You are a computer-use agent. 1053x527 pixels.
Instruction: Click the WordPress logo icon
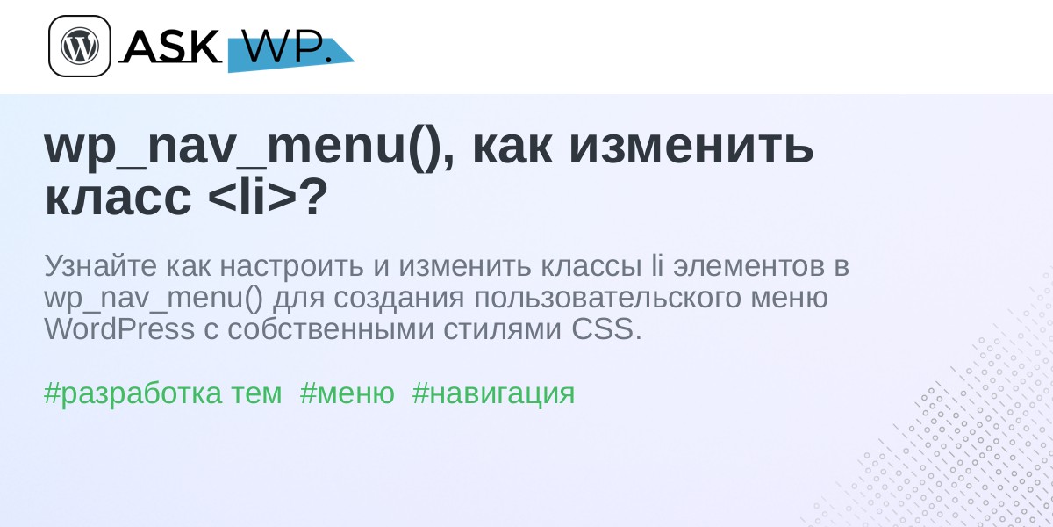point(80,46)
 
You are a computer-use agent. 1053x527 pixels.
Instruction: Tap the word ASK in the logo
point(171,46)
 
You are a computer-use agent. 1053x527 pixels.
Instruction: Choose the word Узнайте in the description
point(100,266)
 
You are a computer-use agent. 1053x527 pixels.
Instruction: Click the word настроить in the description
point(292,267)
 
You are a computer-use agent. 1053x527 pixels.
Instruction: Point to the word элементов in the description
point(749,267)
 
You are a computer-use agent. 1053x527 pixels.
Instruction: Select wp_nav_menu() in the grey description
point(154,299)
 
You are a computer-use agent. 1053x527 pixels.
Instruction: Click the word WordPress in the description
point(119,328)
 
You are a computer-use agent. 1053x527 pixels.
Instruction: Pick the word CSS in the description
point(606,328)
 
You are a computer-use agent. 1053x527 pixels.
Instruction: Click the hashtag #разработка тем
point(162,393)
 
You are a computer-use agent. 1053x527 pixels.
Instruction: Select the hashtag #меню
point(347,393)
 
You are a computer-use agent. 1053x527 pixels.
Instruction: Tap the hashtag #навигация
point(493,393)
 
